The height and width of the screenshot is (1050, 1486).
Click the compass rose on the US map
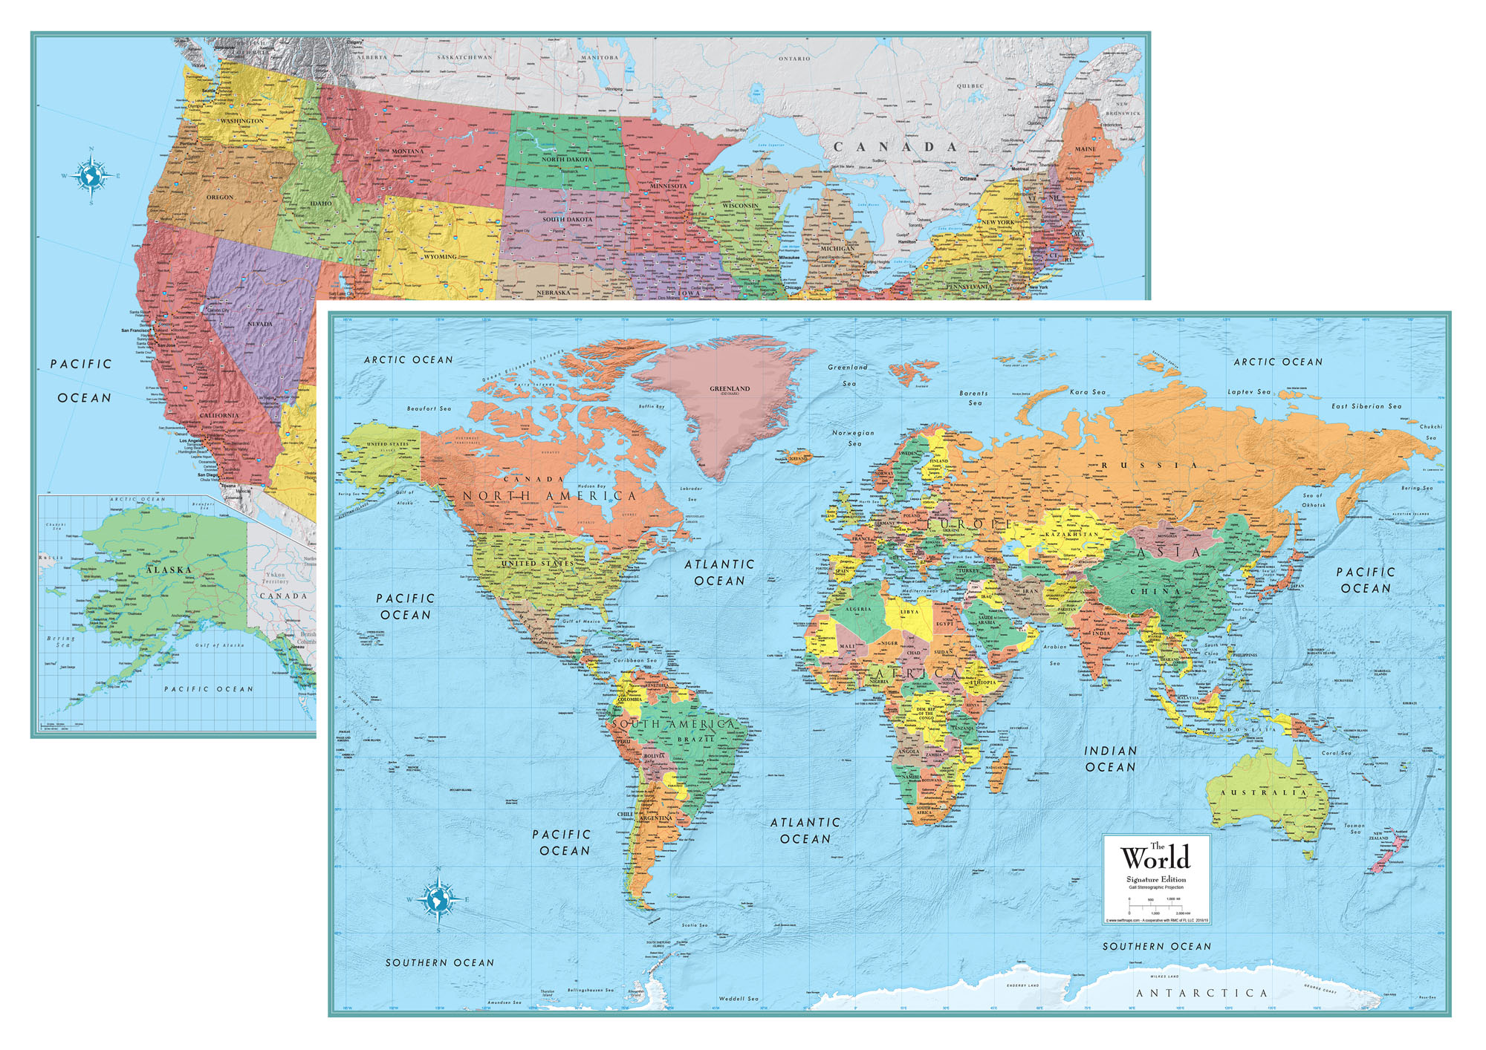tap(91, 176)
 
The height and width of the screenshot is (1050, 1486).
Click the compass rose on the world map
tap(438, 899)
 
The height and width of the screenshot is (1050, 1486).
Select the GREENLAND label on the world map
tap(729, 388)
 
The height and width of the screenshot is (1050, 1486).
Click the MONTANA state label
tap(407, 151)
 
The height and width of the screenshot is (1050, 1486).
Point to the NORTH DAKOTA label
tap(566, 160)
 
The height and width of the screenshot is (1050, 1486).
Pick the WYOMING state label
tap(440, 257)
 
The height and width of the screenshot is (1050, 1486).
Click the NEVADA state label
tap(259, 324)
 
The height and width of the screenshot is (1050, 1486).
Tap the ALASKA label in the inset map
tap(169, 570)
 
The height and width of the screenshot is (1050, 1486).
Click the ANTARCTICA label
tap(1202, 993)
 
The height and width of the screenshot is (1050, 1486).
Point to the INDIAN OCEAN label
tap(1110, 759)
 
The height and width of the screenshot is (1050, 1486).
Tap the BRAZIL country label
tap(695, 740)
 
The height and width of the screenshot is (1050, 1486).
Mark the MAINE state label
tap(1085, 149)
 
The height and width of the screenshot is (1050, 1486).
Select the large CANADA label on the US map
tap(895, 147)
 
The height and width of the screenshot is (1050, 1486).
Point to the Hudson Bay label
tap(591, 486)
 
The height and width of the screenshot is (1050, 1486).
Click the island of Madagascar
tap(999, 769)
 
